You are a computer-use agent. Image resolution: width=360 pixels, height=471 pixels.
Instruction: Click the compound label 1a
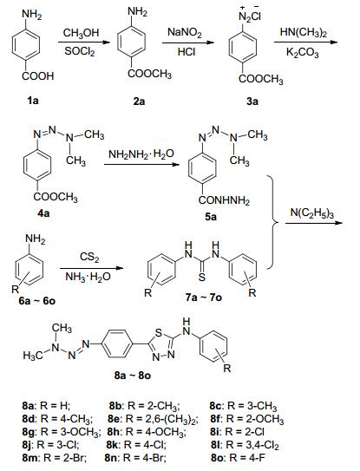click(33, 101)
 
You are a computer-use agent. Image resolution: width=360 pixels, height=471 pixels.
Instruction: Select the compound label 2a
click(139, 101)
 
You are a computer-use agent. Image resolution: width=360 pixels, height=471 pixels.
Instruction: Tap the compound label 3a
click(252, 101)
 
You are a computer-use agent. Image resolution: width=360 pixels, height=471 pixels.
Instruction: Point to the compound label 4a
click(43, 213)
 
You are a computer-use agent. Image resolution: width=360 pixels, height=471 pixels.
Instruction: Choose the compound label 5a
click(210, 216)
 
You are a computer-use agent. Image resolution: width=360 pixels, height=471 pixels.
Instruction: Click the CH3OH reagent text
click(82, 33)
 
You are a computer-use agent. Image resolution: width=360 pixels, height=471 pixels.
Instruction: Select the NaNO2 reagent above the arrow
click(185, 32)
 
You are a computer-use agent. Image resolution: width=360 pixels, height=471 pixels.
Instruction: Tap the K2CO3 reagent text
click(302, 53)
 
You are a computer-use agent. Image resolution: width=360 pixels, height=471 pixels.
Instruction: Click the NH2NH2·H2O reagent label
click(141, 154)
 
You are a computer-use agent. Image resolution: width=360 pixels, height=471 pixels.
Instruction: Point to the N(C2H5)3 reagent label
click(312, 213)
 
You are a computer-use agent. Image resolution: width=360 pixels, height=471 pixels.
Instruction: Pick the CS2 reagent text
click(89, 258)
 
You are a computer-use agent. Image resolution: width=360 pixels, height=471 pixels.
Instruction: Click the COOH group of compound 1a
click(38, 76)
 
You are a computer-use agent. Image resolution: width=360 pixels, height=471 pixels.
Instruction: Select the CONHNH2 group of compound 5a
click(224, 200)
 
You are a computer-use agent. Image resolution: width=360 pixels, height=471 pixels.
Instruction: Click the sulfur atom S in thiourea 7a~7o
click(201, 277)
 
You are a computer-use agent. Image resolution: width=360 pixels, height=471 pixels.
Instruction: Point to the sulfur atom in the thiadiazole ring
click(159, 333)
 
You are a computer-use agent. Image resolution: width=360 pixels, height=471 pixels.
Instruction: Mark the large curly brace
click(273, 222)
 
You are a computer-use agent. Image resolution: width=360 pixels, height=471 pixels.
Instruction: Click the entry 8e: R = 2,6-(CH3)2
click(153, 419)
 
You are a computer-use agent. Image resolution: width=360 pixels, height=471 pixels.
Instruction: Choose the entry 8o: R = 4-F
click(239, 458)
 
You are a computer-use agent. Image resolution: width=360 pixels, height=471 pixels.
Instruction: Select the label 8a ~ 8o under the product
click(133, 376)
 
